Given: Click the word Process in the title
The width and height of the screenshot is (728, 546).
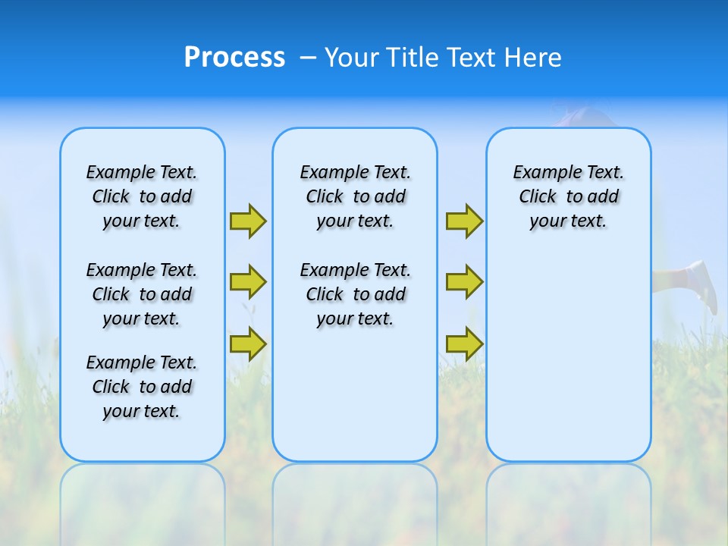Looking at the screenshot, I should [234, 58].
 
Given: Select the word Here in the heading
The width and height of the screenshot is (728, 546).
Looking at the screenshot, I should [535, 58].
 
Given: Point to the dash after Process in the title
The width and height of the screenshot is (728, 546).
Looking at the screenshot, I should [307, 58].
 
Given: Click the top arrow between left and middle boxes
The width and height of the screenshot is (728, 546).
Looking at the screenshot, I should [247, 221].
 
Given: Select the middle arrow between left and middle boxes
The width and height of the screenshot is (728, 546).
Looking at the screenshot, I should [247, 282].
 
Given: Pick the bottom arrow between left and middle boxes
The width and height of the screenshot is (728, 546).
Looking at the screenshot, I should [247, 343].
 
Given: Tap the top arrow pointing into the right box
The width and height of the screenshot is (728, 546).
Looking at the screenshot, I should [464, 221].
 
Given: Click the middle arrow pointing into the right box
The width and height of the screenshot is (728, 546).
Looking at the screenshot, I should [464, 282].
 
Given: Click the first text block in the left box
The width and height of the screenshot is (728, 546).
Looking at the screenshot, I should [142, 196].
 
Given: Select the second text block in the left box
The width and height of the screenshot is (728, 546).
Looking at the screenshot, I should [142, 294].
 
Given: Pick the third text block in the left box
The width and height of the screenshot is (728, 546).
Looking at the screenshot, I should [142, 387].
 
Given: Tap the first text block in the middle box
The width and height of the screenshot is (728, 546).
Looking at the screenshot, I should [355, 196].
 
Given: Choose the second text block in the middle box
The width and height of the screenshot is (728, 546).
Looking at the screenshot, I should [355, 294].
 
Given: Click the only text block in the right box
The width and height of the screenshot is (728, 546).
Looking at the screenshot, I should [568, 196].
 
